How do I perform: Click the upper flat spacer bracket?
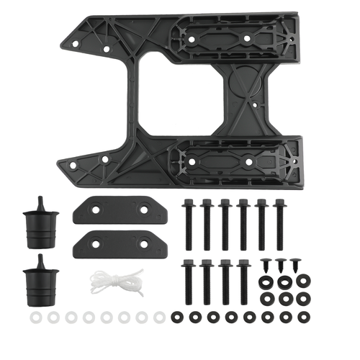[x=120, y=209]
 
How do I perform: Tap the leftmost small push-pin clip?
[x=266, y=266]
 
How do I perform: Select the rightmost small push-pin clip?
[x=296, y=266]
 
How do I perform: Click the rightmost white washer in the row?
[x=159, y=316]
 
